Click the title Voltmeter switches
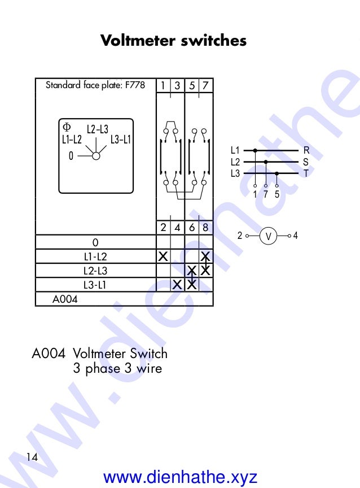pos(173,41)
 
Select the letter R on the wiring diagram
pos(306,150)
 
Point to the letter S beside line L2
pos(306,162)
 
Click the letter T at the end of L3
pos(306,173)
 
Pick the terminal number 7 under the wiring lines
pos(266,194)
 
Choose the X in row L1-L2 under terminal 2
pos(163,256)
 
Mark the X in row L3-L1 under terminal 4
pos(177,284)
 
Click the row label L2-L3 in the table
pos(95,271)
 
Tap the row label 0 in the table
pos(95,242)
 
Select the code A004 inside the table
pos(65,299)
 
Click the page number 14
pos(32,457)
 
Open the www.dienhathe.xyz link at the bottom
pos(181,477)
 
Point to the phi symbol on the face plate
pos(67,127)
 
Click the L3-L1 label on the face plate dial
pos(120,139)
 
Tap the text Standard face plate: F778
pos(95,85)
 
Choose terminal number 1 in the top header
pos(163,86)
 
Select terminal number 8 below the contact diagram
pos(206,228)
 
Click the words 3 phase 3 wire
pos(117,369)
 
